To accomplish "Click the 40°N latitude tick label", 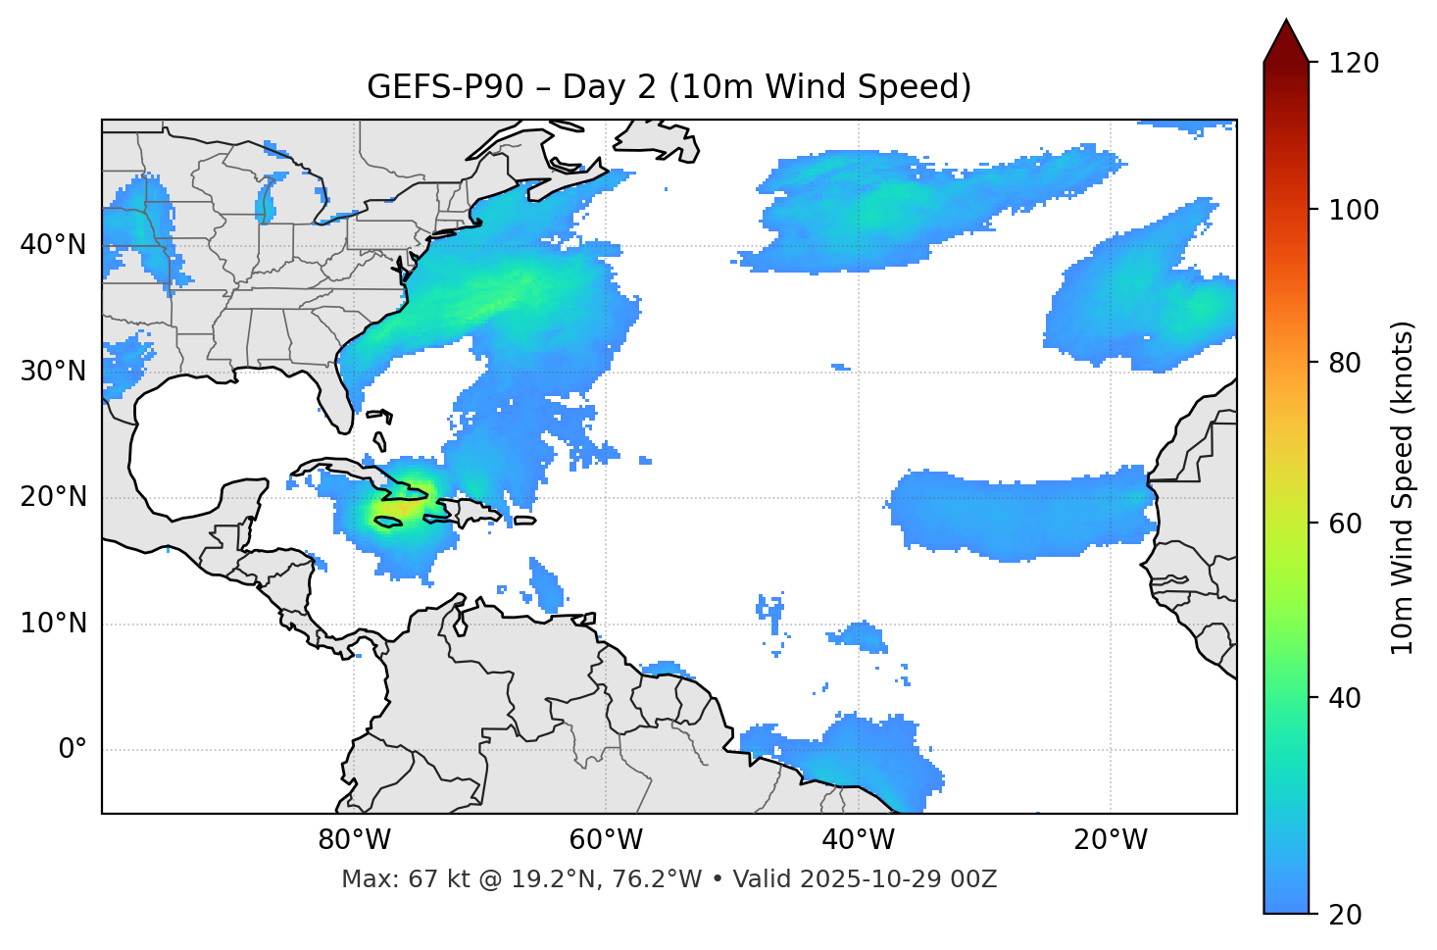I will [53, 245].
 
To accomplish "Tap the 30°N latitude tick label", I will [53, 372].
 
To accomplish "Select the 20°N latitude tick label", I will [53, 497].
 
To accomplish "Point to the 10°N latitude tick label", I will [53, 624].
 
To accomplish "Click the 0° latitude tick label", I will [73, 750].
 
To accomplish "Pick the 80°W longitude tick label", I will [354, 840].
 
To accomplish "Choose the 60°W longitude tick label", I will [606, 840].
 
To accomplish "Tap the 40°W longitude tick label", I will [858, 840].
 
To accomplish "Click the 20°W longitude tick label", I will [1111, 840].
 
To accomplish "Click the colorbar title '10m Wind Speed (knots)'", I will [1403, 487].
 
